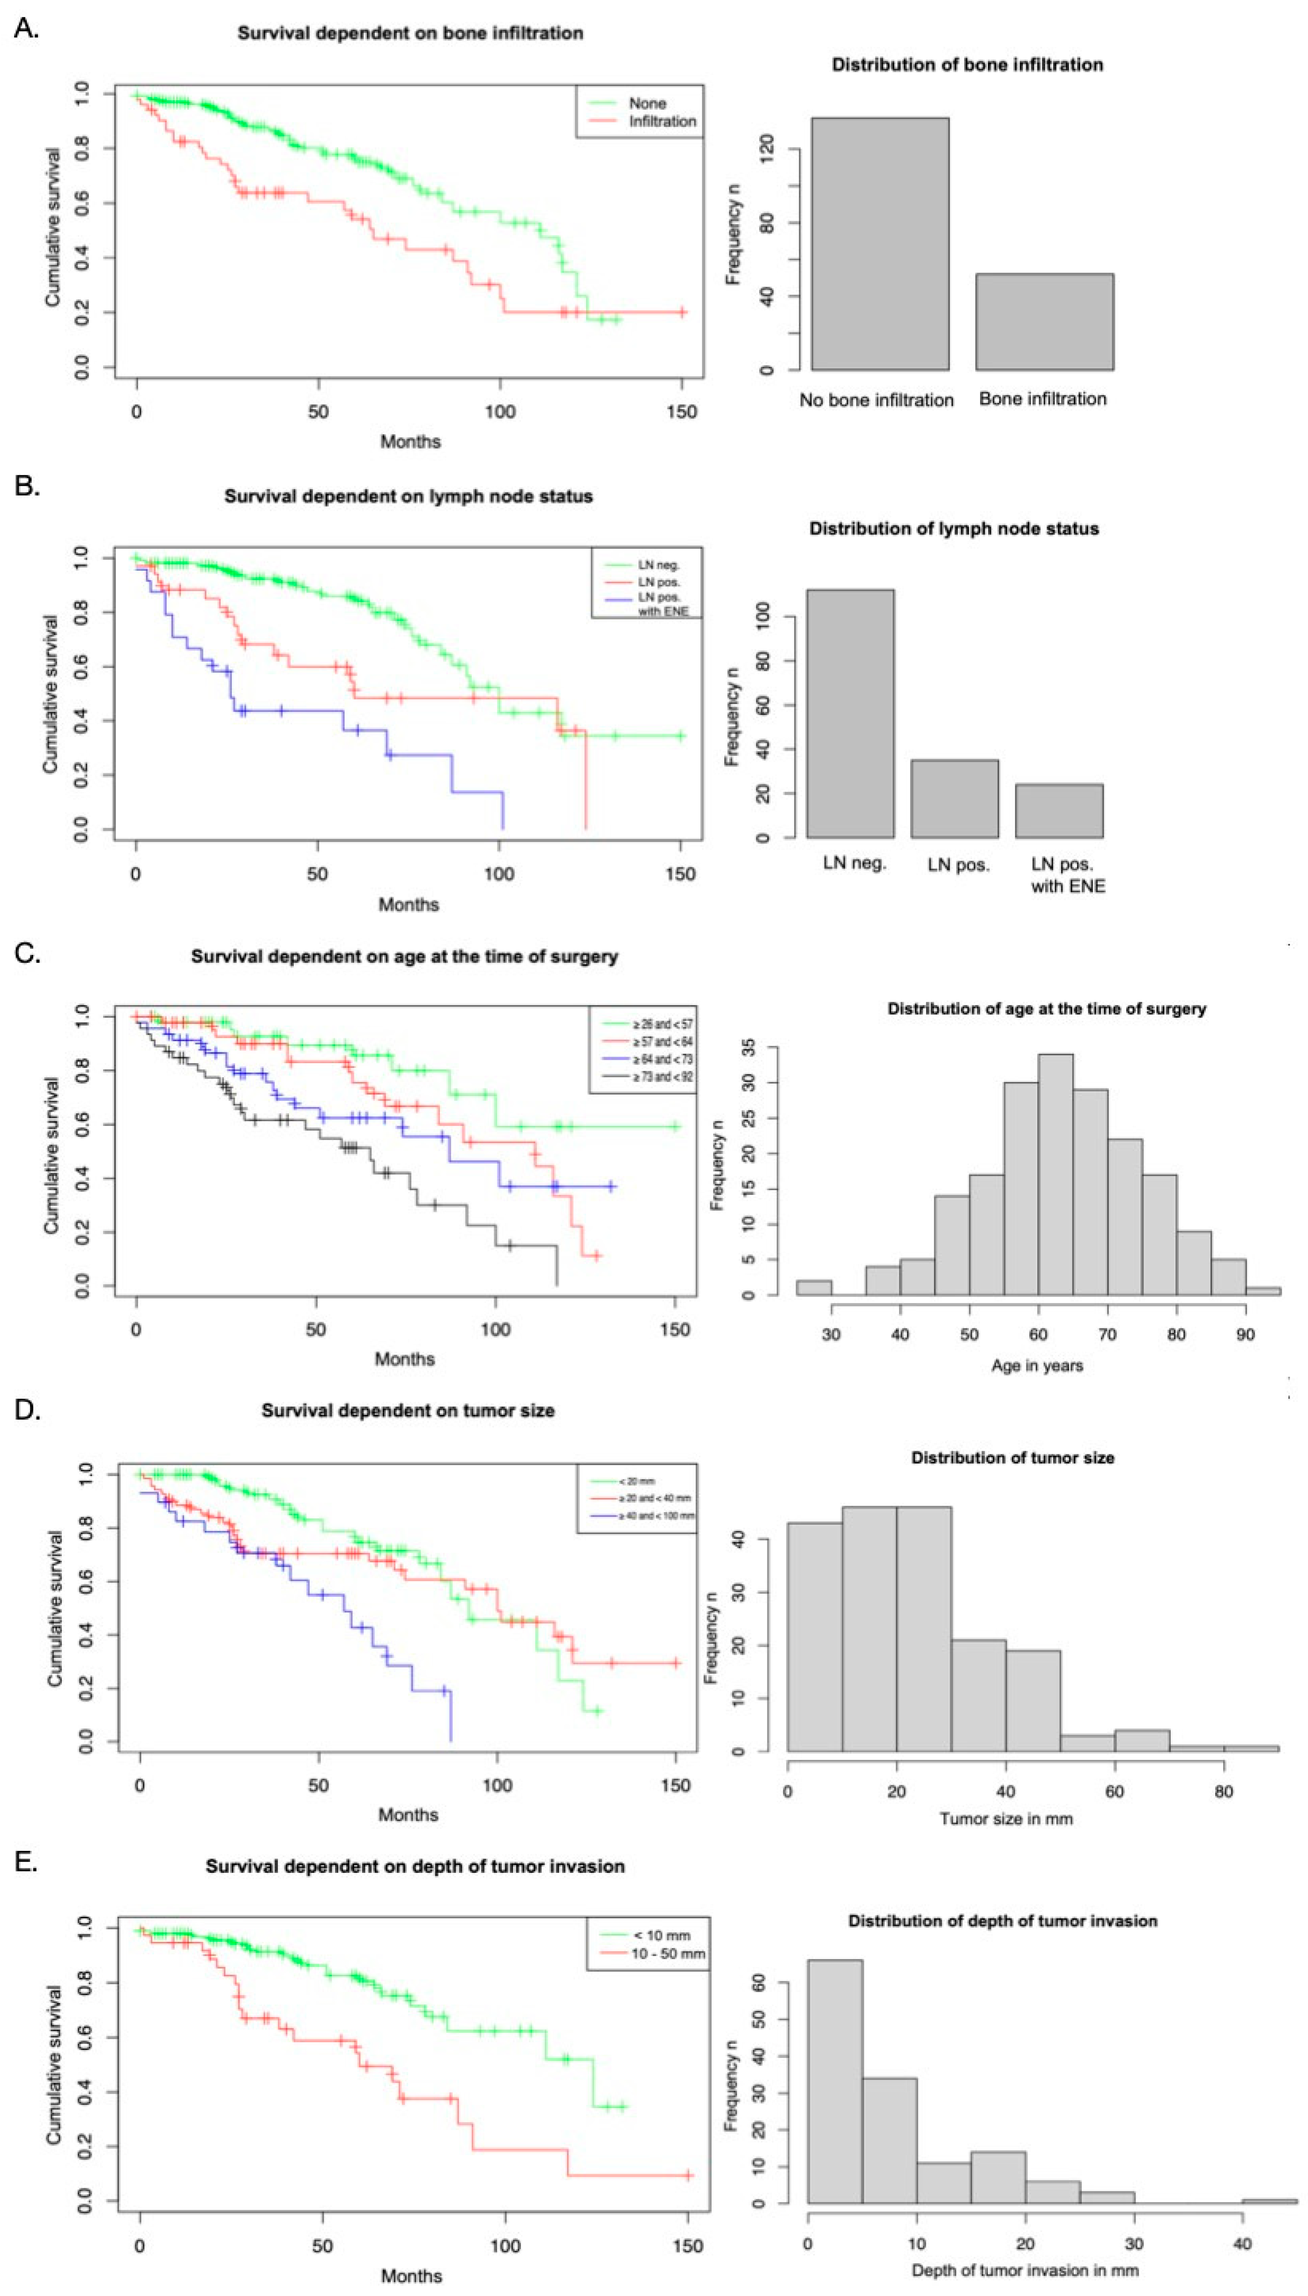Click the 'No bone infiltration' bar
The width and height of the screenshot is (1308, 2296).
tap(879, 244)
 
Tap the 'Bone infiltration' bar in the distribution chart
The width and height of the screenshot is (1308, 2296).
tap(1044, 321)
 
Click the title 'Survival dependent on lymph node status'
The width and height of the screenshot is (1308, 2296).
tap(408, 496)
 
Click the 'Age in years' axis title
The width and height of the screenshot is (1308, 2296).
tap(1037, 1365)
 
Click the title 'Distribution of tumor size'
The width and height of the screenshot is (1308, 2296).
tap(1012, 1458)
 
